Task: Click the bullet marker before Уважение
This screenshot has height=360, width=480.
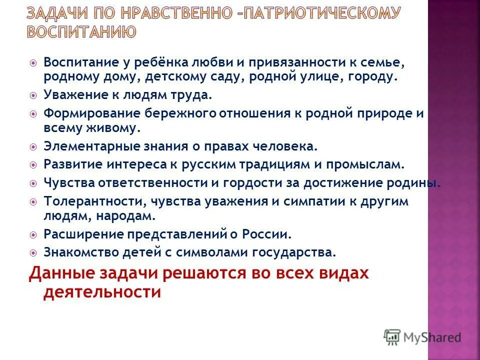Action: coord(33,95)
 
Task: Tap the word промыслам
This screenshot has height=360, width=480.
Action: coord(372,164)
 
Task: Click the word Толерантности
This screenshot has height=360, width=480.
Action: coord(84,201)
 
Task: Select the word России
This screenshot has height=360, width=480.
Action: coord(267,233)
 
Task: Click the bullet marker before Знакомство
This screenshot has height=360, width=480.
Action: coord(33,251)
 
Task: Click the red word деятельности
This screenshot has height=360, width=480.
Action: coord(102,292)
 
